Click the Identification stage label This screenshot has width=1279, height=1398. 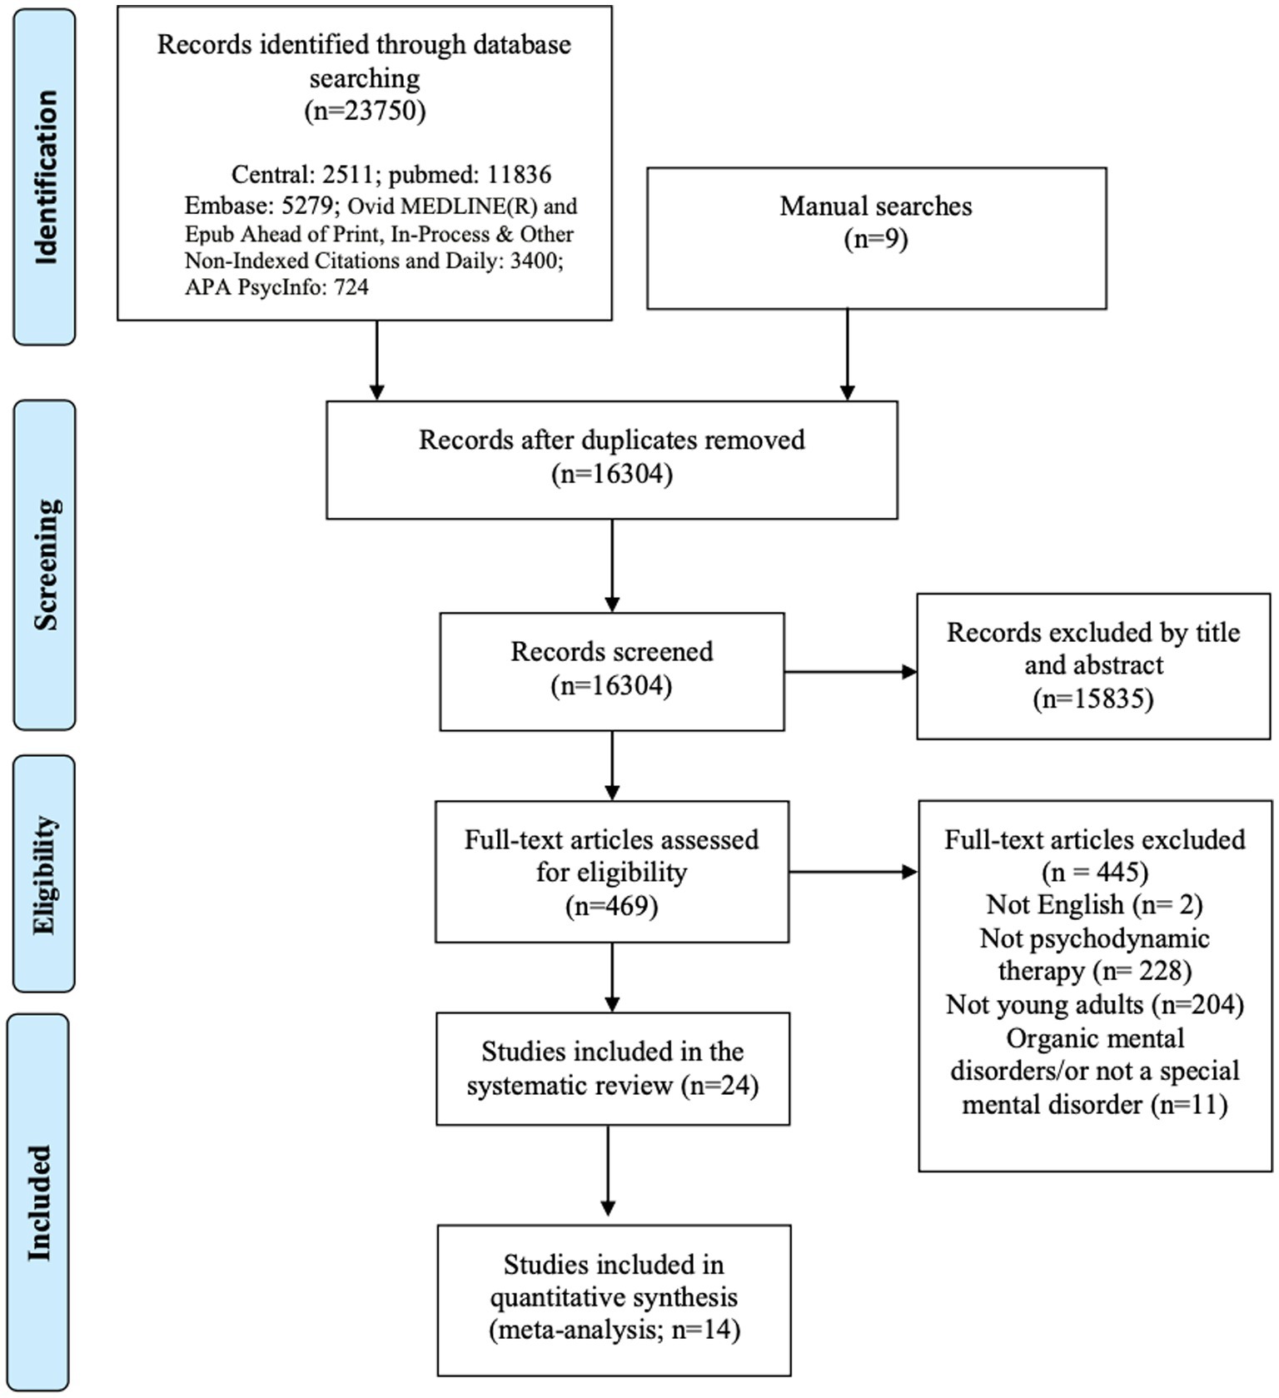(45, 177)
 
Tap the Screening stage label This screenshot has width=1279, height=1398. (45, 565)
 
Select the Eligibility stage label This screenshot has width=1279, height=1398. (45, 874)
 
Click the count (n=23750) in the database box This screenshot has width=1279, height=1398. (365, 110)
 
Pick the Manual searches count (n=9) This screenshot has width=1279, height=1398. (876, 239)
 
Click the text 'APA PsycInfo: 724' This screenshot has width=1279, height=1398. (276, 287)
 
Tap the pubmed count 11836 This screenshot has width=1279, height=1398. (520, 175)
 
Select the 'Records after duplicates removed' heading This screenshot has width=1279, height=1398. (612, 440)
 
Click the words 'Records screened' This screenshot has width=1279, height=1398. (612, 651)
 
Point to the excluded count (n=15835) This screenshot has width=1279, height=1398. (1093, 698)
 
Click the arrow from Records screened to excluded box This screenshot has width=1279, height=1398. (850, 671)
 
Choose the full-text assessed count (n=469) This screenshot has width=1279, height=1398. (612, 905)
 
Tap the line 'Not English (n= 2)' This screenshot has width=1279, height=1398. (1094, 904)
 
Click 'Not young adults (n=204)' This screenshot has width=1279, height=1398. (1095, 1005)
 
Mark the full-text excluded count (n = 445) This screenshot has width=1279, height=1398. (1095, 872)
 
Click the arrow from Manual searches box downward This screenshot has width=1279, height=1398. (848, 355)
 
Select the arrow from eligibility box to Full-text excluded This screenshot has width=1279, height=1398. (853, 872)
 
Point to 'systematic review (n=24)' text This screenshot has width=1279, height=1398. (612, 1086)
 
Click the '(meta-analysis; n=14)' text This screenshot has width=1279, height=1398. (615, 1330)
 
